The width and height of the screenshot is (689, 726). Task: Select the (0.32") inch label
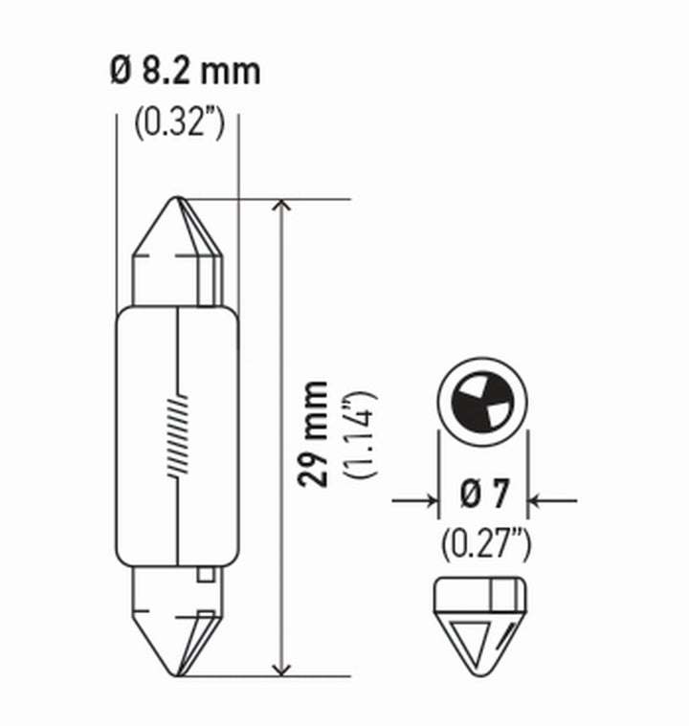(x=178, y=122)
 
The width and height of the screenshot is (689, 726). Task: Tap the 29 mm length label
(x=312, y=433)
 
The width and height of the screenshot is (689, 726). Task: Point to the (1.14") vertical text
(x=362, y=435)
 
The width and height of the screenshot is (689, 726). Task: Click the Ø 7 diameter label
(x=485, y=495)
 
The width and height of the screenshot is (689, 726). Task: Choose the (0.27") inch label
(x=485, y=545)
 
